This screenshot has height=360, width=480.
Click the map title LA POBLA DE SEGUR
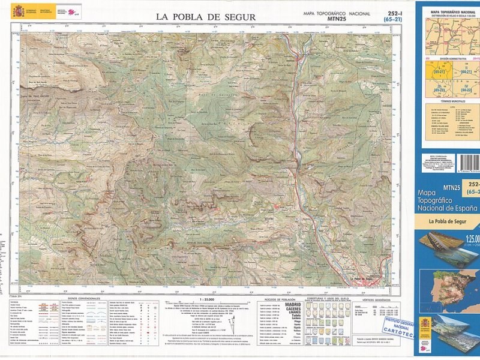(x=206, y=17)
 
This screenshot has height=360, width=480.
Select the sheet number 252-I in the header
(x=393, y=13)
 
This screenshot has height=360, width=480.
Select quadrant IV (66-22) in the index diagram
(x=465, y=90)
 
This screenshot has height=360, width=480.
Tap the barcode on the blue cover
(x=468, y=163)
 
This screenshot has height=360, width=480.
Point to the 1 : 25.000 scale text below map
(x=206, y=299)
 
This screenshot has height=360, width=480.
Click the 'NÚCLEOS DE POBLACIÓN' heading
(x=279, y=299)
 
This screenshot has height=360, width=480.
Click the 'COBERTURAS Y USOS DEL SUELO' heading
(x=327, y=298)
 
